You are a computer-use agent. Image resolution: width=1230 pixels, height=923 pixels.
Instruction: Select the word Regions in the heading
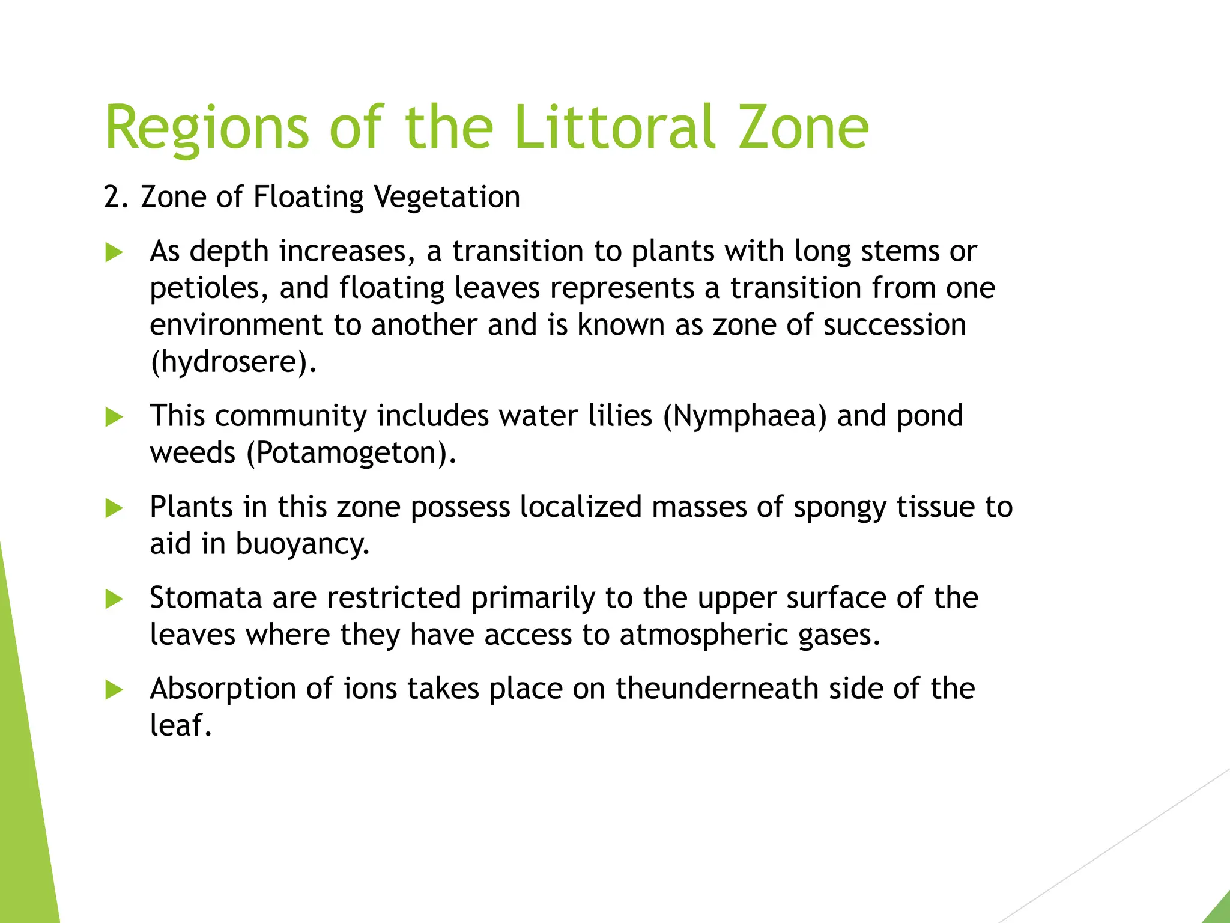(x=207, y=129)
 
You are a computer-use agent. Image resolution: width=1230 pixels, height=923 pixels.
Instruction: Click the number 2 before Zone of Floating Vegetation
(x=112, y=197)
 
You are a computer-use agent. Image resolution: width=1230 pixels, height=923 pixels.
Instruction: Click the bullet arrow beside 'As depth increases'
(x=114, y=252)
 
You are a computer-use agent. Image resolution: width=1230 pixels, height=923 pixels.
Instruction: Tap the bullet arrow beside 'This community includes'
(x=114, y=417)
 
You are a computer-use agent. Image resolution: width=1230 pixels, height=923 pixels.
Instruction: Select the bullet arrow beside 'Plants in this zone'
(x=114, y=508)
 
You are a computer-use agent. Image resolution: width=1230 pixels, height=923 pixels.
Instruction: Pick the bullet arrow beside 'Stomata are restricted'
(x=114, y=599)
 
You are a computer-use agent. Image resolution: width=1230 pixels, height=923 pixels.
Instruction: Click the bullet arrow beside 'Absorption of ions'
(x=114, y=690)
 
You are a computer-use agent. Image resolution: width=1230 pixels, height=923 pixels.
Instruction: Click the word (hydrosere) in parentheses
(x=232, y=362)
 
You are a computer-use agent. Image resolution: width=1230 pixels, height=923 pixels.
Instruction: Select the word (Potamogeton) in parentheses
(x=351, y=453)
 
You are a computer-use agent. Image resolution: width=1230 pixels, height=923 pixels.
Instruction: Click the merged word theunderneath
(x=717, y=689)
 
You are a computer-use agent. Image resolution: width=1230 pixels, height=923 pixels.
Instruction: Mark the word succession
(x=895, y=325)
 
